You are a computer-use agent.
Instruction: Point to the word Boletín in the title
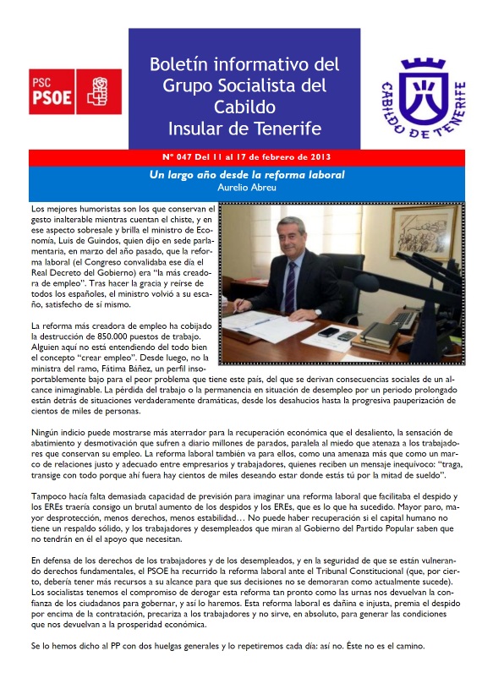(x=184, y=65)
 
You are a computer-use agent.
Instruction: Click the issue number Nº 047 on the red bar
(x=200, y=157)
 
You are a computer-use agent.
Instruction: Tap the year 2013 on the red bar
(x=316, y=157)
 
